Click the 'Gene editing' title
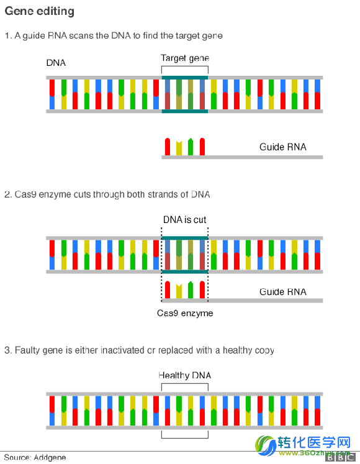coord(39,11)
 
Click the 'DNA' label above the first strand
coord(56,63)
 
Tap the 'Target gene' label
coord(185,58)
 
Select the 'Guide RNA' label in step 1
coord(283,147)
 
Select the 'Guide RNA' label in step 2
coord(283,292)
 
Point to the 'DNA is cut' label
coord(184,219)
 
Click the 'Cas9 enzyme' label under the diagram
coord(185,313)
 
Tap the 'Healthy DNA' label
coord(184,376)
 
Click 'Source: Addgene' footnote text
coord(35,458)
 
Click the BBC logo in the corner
coord(341,458)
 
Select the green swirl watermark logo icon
coord(265,445)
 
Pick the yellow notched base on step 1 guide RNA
coord(179,148)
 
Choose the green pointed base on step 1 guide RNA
coord(191,147)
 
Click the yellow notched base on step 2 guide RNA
coord(179,291)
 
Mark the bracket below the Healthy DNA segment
coord(185,438)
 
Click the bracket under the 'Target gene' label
coord(185,66)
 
